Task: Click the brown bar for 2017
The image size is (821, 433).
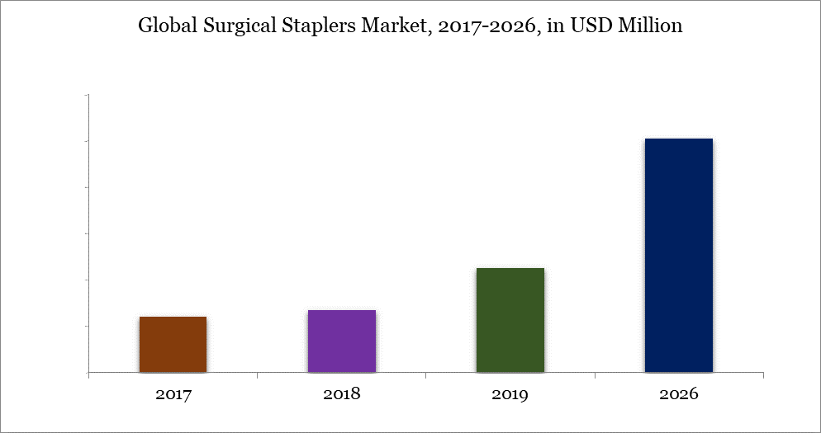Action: tap(173, 345)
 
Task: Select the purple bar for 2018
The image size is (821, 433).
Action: tap(341, 341)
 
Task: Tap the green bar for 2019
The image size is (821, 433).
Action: tap(510, 320)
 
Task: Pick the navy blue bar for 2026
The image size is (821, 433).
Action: tap(678, 256)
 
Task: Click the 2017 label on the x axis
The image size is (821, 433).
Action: tap(173, 394)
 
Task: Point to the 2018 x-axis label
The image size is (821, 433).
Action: tap(341, 394)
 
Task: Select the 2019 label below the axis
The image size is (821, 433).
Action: tap(510, 394)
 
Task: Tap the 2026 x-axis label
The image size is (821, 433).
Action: tap(678, 394)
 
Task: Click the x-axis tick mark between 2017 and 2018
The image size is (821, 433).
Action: tap(257, 375)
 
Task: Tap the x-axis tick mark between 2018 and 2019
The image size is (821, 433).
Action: tap(425, 375)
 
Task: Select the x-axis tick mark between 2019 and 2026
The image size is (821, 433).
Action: tap(594, 375)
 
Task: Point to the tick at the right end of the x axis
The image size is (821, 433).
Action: tap(762, 375)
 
